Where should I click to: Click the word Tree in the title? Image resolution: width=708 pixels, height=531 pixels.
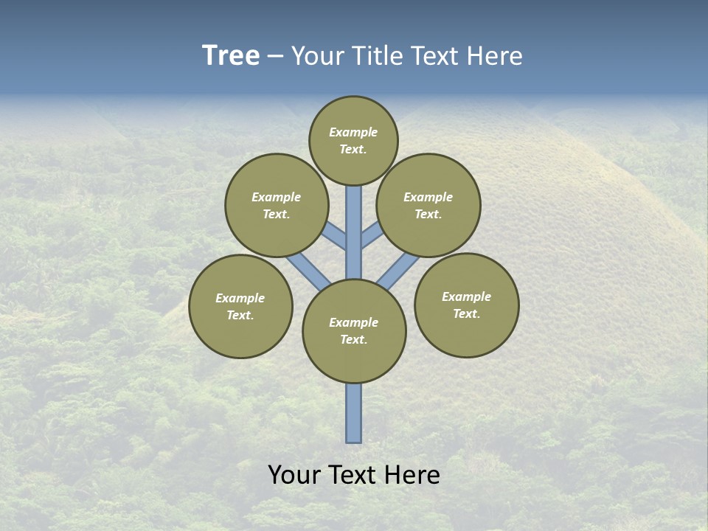click(x=231, y=56)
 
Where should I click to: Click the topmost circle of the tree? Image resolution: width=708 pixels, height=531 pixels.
click(x=353, y=140)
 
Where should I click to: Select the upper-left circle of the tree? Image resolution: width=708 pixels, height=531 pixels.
click(x=276, y=205)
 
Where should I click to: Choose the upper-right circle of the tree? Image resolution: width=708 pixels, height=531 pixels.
click(x=428, y=205)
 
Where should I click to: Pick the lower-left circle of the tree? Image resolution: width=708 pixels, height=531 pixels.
click(x=240, y=306)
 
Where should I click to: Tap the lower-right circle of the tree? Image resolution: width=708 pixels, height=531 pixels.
click(x=466, y=305)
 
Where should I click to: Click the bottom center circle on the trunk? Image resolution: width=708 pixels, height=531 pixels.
click(x=354, y=331)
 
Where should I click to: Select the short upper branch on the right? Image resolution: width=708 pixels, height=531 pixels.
click(x=372, y=235)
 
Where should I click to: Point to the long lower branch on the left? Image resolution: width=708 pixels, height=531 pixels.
click(x=308, y=271)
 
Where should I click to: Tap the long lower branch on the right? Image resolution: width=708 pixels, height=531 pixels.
click(x=398, y=271)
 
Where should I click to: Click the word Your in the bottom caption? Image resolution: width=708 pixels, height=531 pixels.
click(x=294, y=475)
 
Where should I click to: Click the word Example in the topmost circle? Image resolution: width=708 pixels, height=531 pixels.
click(x=353, y=133)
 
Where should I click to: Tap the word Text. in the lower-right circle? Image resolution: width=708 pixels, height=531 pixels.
click(x=466, y=314)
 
